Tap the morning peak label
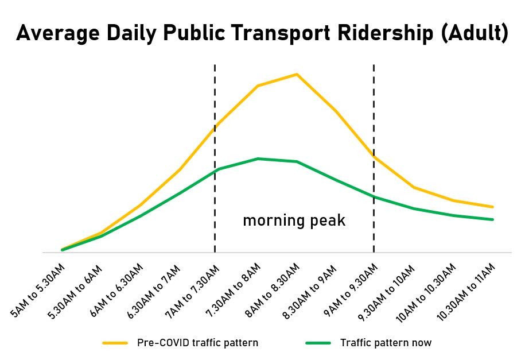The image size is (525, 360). (x=294, y=220)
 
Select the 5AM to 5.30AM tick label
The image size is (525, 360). (x=39, y=291)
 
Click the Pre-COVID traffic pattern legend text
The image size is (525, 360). (x=197, y=343)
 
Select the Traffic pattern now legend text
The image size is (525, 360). (x=386, y=343)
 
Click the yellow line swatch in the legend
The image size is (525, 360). (x=115, y=343)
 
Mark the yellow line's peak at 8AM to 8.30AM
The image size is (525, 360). (x=297, y=74)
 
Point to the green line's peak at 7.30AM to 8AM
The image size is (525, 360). (x=258, y=158)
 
